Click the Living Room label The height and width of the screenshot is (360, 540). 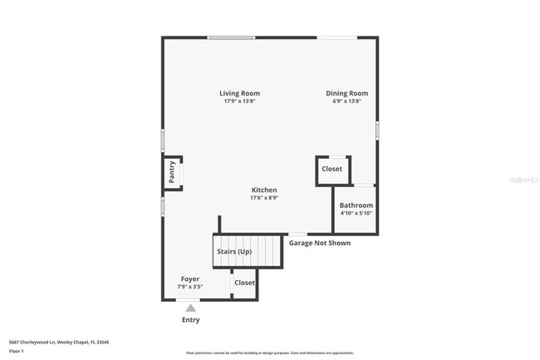click(x=239, y=93)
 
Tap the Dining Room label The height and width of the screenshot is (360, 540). click(x=346, y=93)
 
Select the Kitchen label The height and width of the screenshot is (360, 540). click(x=264, y=190)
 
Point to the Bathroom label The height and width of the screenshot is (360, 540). click(x=356, y=205)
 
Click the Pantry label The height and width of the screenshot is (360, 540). click(x=172, y=172)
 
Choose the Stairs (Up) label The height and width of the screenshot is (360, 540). click(x=233, y=251)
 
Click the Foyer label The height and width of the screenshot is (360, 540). click(x=190, y=279)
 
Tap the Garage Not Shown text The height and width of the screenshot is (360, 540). click(x=320, y=244)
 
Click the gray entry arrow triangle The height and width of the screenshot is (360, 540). click(x=190, y=308)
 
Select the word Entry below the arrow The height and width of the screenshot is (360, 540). click(x=190, y=319)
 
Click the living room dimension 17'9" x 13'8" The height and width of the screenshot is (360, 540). click(x=239, y=101)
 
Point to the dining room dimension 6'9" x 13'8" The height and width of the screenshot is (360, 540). click(x=346, y=101)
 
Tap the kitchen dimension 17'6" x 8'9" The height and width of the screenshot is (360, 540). click(x=264, y=198)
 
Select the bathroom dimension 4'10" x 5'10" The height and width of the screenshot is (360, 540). click(x=356, y=214)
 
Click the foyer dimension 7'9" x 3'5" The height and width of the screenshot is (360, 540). click(x=190, y=287)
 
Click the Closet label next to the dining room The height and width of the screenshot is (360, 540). click(x=332, y=169)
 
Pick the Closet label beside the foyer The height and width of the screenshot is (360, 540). click(x=244, y=283)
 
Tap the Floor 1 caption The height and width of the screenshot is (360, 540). click(x=17, y=351)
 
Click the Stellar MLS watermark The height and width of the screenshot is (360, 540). click(x=523, y=179)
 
